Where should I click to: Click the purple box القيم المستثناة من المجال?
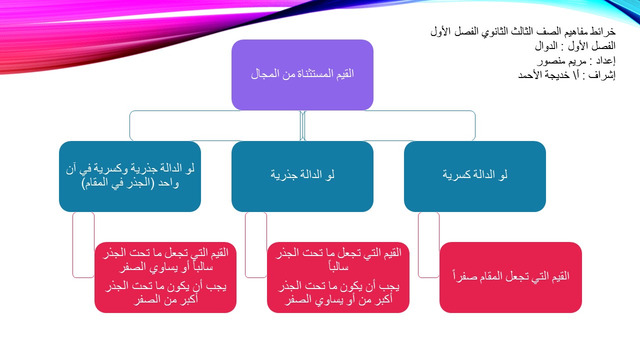(x=302, y=75)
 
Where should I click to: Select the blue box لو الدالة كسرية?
(x=474, y=176)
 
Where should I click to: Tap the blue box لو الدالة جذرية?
(x=302, y=176)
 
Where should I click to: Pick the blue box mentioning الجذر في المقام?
(x=129, y=176)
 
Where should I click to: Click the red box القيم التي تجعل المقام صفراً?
(x=510, y=277)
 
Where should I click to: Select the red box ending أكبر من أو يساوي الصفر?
(x=338, y=277)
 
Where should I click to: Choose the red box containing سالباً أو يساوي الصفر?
(x=165, y=277)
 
